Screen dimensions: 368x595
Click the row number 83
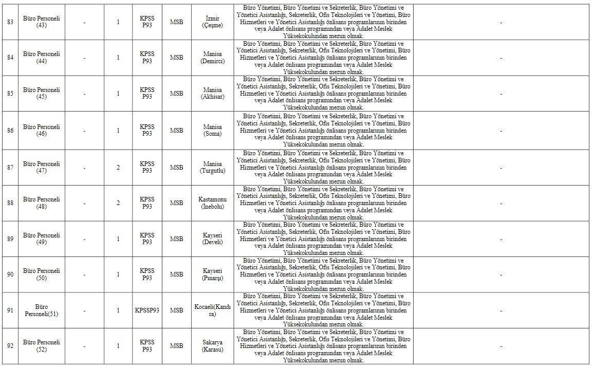click(10, 22)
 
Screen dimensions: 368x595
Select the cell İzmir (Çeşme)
click(212, 22)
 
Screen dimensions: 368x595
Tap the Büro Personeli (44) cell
click(42, 58)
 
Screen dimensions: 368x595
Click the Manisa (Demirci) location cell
click(212, 58)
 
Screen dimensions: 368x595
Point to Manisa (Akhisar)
click(212, 94)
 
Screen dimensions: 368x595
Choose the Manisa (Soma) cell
click(212, 131)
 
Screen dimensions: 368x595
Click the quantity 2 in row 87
click(118, 168)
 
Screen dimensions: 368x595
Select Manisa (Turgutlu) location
click(212, 168)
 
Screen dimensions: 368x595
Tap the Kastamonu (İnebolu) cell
click(212, 203)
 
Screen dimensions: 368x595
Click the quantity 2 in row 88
click(118, 203)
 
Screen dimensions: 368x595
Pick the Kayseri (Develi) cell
click(212, 239)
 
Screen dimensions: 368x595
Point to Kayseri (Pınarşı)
click(212, 274)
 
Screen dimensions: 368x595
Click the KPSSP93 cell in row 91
click(147, 310)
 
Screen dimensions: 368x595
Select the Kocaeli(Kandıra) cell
click(212, 310)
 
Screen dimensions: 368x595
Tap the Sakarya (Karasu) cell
click(212, 346)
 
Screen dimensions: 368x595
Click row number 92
click(10, 346)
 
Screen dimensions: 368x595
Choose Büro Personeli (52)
click(42, 346)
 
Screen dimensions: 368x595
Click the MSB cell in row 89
click(177, 239)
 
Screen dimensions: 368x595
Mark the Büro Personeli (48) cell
click(42, 203)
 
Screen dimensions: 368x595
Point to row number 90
click(10, 274)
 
